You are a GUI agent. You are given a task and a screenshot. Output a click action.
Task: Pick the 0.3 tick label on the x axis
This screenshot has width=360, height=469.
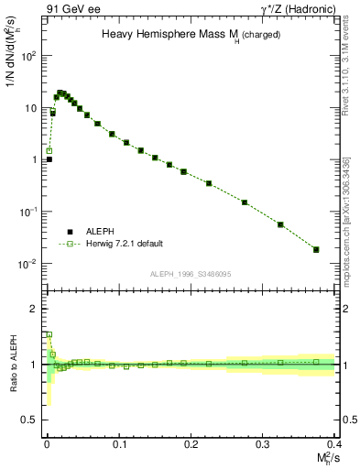(263, 444)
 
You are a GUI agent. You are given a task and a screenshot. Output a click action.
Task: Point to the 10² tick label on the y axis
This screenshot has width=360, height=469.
(29, 56)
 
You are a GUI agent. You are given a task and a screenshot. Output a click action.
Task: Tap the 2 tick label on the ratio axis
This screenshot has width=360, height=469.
(35, 309)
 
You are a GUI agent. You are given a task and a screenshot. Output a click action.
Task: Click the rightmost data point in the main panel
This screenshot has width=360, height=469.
(316, 249)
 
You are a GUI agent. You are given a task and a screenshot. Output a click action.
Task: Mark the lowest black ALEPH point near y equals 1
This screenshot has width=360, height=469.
(49, 159)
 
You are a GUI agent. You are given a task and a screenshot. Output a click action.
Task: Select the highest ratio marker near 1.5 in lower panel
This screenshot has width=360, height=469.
(49, 334)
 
